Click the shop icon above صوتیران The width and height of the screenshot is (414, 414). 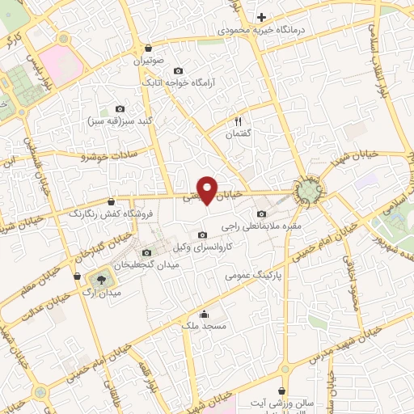[148, 47]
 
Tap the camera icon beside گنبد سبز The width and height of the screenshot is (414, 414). [120, 109]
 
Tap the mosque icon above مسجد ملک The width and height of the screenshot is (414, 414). [203, 314]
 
